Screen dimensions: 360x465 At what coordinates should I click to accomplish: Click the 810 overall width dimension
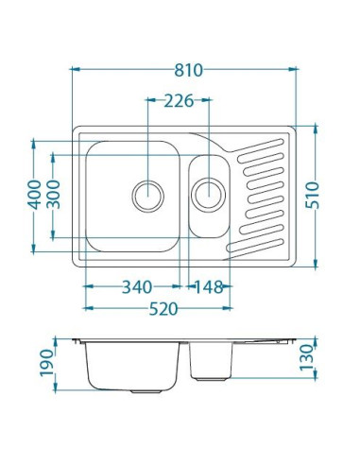[189, 70]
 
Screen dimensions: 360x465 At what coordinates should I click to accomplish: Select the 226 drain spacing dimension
[179, 101]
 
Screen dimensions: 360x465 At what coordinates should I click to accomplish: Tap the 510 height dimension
[312, 195]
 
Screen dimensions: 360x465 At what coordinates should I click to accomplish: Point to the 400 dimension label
[34, 195]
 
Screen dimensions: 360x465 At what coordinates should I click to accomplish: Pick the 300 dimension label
[53, 195]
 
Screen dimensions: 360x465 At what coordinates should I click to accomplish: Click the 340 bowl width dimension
[137, 287]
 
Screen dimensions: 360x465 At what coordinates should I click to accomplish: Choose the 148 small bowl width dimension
[209, 287]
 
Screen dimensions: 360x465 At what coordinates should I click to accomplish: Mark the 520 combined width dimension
[163, 309]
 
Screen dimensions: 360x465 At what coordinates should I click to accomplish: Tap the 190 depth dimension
[46, 363]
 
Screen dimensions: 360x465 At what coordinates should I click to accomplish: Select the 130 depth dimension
[307, 357]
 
